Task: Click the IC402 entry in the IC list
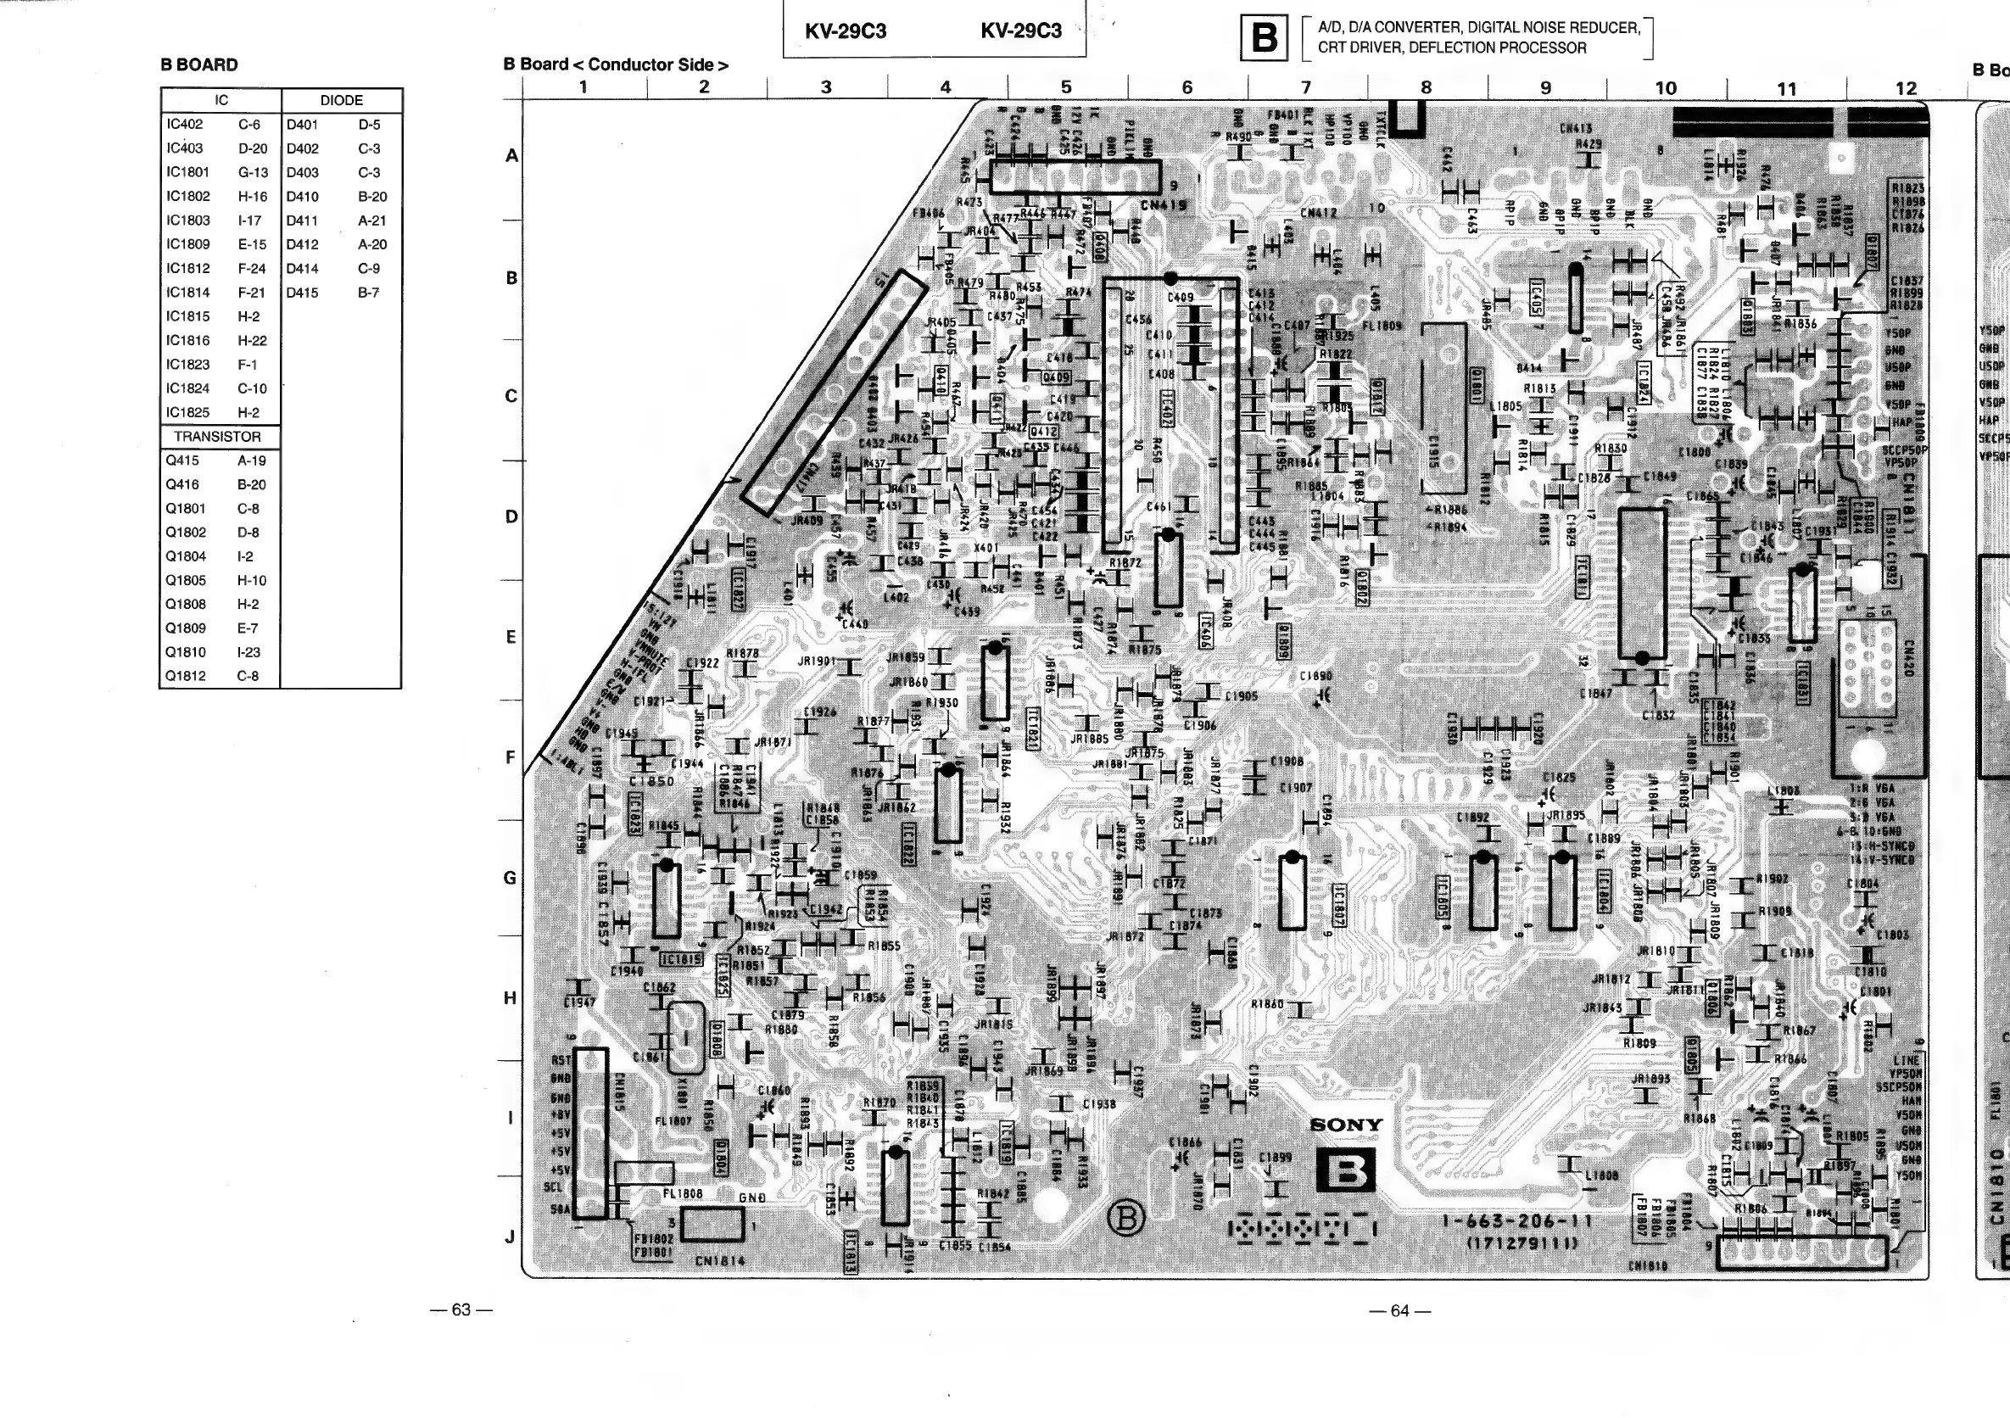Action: pos(185,125)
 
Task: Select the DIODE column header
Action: pos(342,101)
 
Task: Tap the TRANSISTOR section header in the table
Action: pos(217,437)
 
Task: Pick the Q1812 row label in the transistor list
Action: pos(186,676)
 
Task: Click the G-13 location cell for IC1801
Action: pos(253,172)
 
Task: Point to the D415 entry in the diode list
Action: pos(302,293)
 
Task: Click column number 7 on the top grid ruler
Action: pos(1306,87)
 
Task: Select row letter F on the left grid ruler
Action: pos(511,758)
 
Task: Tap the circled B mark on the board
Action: pos(1125,1219)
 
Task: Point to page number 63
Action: pos(461,1310)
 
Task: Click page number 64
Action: pos(1400,1311)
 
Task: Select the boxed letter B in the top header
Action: pos(1264,39)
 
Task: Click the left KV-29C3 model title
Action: pos(846,31)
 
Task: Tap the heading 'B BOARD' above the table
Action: pos(198,64)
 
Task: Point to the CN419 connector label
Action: pos(1164,206)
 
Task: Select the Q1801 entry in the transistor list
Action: pos(186,509)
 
